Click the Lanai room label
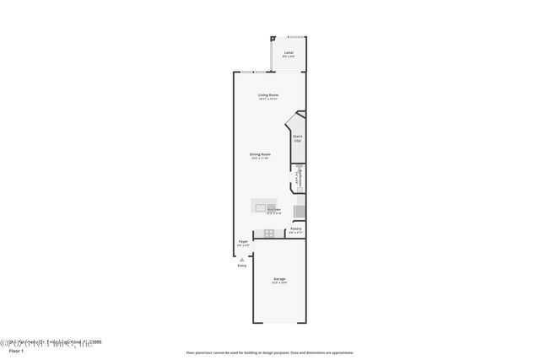point(288,52)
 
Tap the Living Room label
point(268,94)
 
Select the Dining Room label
point(260,154)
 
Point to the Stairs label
point(297,137)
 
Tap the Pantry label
point(295,228)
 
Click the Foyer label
point(243,242)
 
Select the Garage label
point(278,279)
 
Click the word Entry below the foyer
point(242,266)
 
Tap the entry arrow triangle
point(241,258)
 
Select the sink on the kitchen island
point(272,206)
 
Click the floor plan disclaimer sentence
point(270,352)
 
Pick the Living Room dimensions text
point(268,99)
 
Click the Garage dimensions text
point(278,283)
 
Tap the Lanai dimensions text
point(288,56)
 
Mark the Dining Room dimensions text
point(260,159)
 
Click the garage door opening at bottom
point(278,321)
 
